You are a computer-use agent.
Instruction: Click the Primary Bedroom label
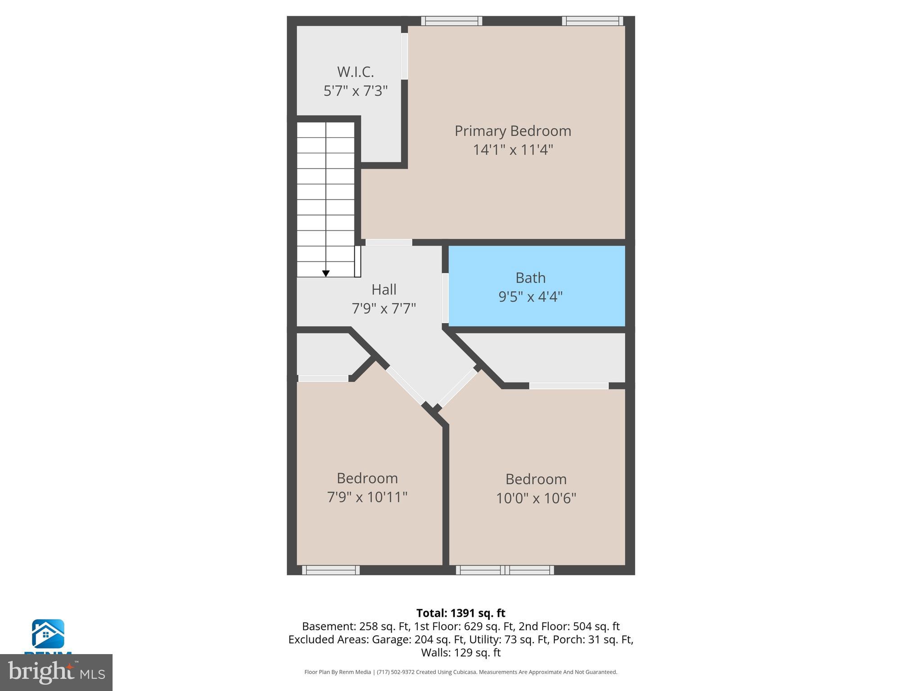click(512, 131)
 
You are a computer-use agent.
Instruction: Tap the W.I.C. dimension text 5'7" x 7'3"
click(355, 91)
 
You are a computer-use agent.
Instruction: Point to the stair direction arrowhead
click(326, 274)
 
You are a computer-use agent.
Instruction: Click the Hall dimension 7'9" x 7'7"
click(384, 308)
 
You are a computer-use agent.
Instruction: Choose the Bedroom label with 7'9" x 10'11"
click(367, 478)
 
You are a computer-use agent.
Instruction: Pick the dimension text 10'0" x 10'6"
click(536, 498)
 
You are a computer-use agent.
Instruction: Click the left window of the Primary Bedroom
click(452, 21)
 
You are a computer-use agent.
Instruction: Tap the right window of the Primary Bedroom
click(592, 21)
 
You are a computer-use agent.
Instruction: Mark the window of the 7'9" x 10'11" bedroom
click(330, 570)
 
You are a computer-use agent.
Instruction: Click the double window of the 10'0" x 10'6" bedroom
click(505, 570)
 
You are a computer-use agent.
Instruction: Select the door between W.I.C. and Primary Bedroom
click(404, 56)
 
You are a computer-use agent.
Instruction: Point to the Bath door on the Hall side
click(445, 298)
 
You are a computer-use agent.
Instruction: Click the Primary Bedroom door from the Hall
click(389, 242)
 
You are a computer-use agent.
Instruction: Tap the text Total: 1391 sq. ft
click(461, 613)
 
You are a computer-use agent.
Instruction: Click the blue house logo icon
click(48, 634)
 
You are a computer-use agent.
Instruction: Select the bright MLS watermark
click(56, 672)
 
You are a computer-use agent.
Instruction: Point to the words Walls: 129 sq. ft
click(461, 652)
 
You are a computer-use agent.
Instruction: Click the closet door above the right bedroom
click(569, 386)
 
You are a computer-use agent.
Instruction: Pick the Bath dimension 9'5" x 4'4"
click(530, 296)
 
